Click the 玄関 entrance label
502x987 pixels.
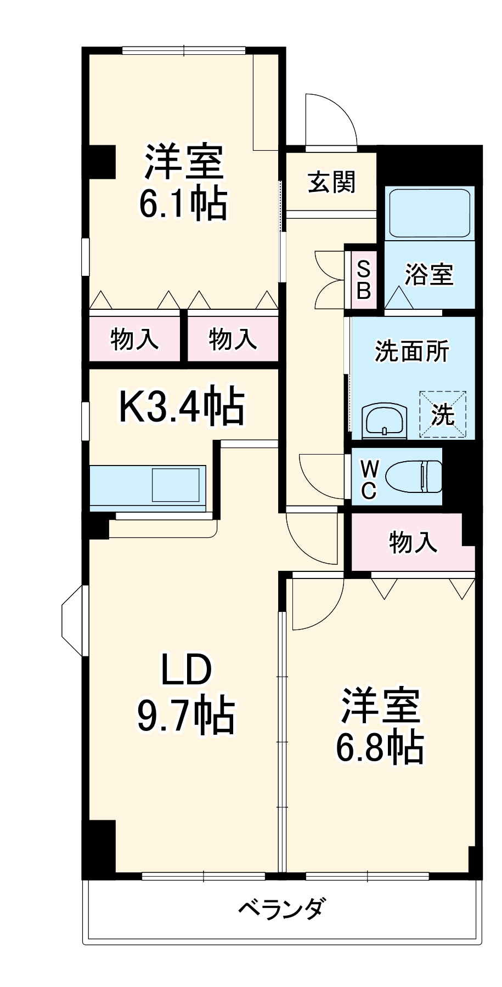pos(331,183)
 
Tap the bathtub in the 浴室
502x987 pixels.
pos(428,213)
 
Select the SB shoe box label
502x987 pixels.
pos(363,279)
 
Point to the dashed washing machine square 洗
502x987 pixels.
pos(443,415)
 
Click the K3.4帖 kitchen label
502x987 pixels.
pos(182,407)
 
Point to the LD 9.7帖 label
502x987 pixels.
pos(185,693)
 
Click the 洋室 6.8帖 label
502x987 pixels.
pos(380,726)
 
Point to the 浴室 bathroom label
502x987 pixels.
pos(429,274)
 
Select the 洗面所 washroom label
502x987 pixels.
pos(411,351)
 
